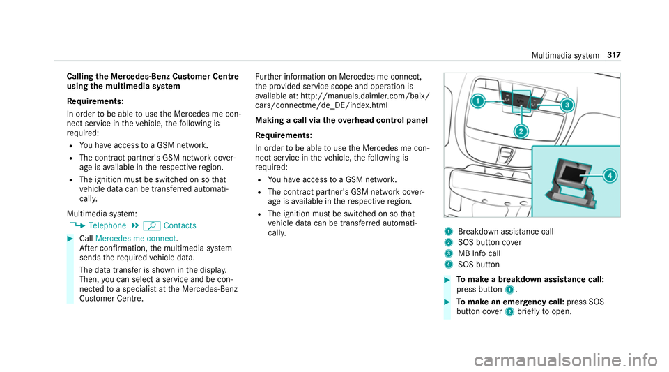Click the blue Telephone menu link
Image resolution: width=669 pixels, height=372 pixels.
coord(107,225)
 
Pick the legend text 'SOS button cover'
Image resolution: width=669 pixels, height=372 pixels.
coord(488,241)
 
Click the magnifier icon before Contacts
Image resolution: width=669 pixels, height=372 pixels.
coord(148,225)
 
